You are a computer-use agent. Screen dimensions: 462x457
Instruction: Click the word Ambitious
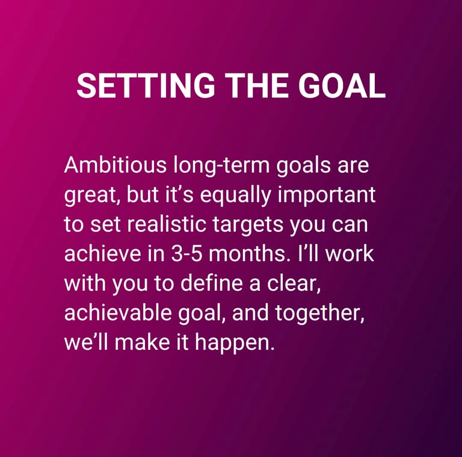click(115, 164)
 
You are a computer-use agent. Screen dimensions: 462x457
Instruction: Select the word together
click(320, 314)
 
